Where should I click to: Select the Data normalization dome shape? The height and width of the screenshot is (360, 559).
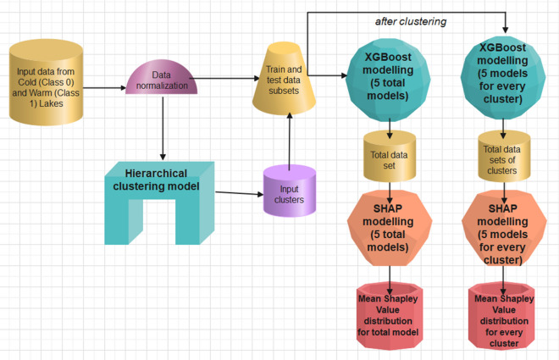coord(162,79)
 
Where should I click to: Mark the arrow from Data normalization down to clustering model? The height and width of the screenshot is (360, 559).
coord(162,127)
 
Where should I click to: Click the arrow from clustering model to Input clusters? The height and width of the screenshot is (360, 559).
coord(236,194)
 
